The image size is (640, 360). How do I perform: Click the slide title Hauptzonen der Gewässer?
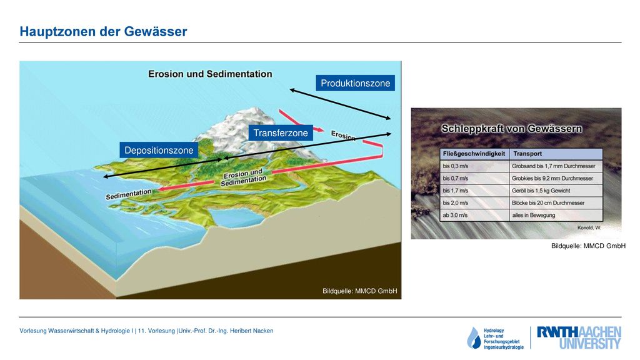pos(103,31)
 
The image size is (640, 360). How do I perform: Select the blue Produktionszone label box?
pos(355,83)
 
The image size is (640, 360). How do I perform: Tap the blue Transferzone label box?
pos(281,132)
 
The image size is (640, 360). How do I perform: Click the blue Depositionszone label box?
pos(159,150)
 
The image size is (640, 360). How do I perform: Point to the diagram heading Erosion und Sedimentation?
pos(210,74)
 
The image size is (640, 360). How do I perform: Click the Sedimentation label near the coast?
pos(129,194)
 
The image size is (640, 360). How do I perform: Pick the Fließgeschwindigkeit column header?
pos(474,154)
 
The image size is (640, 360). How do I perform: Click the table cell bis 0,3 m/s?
pos(456,166)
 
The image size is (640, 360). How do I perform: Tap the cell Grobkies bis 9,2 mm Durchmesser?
pos(552,178)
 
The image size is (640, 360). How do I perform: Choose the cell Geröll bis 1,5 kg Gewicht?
pos(541,191)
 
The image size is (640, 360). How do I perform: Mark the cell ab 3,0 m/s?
pos(455,215)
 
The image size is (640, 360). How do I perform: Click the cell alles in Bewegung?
pos(534,215)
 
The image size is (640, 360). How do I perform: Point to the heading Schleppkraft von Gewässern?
pos(512,129)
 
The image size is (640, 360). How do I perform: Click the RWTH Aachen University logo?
pos(579,337)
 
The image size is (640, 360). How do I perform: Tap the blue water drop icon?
pos(474,338)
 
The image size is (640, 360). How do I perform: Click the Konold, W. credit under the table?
pos(589,227)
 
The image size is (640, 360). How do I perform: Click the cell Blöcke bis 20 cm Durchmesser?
pos(548,203)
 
